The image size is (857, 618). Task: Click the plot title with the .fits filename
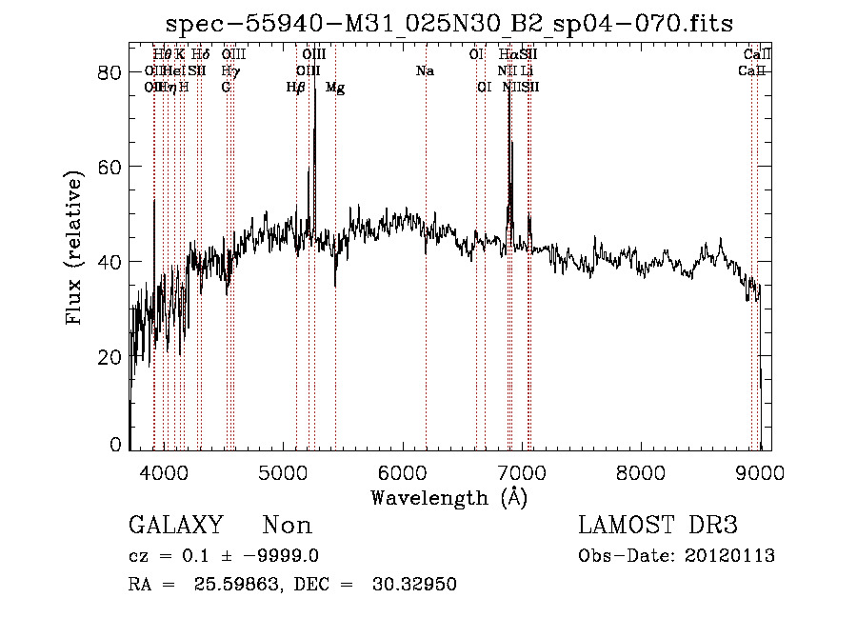click(449, 23)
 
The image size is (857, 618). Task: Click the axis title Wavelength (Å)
click(449, 497)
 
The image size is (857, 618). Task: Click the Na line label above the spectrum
click(426, 70)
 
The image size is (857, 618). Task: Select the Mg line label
click(335, 87)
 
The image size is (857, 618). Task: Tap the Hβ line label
click(296, 87)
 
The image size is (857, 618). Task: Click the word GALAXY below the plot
click(176, 526)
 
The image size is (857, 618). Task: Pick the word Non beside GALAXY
click(287, 526)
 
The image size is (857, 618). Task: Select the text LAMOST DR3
click(658, 526)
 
